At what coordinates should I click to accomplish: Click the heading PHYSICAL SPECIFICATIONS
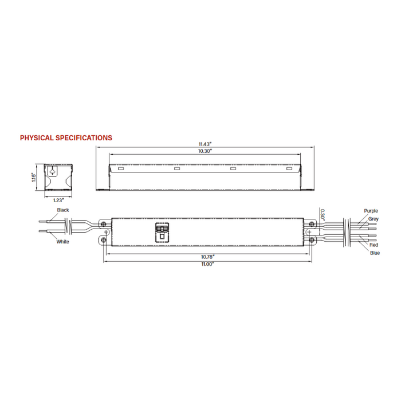coord(66,138)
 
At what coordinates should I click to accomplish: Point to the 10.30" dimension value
coord(206,151)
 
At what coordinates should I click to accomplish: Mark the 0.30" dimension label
coord(323,214)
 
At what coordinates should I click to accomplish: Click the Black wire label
coord(63,210)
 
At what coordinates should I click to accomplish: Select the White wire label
coord(63,242)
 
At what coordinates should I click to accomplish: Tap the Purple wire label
coord(371,211)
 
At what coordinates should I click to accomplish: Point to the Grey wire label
coord(373,219)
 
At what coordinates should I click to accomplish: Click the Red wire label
coord(374,245)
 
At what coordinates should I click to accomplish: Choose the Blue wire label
coord(375,253)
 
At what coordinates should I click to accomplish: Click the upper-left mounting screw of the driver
coord(104,223)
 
